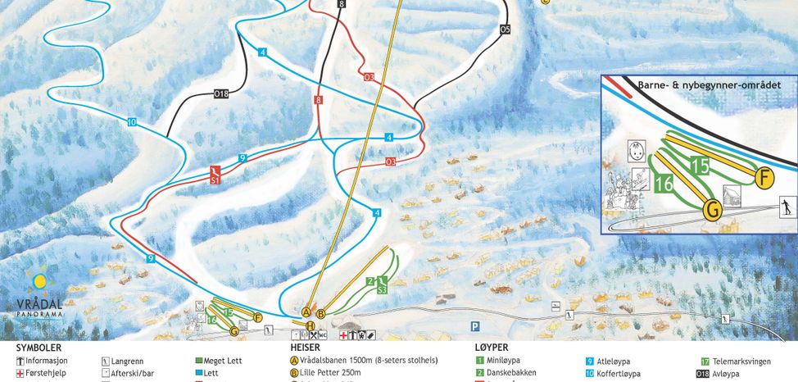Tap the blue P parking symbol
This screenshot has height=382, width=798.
[474, 326]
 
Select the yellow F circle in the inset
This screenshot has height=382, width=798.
[764, 178]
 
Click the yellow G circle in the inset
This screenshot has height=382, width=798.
[713, 210]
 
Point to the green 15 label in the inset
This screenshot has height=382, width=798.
[699, 165]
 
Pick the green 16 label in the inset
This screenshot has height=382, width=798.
[664, 184]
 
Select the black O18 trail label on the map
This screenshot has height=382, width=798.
[220, 93]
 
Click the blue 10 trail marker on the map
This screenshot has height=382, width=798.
[131, 122]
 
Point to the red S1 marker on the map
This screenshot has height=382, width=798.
[215, 176]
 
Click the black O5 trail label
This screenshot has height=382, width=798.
[505, 30]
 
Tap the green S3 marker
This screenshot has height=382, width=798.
[381, 289]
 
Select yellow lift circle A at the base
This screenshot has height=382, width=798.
[306, 312]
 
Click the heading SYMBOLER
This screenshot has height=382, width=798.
[39, 348]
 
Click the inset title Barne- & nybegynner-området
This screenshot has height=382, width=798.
[709, 84]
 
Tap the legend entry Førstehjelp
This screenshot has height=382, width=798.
[46, 373]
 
